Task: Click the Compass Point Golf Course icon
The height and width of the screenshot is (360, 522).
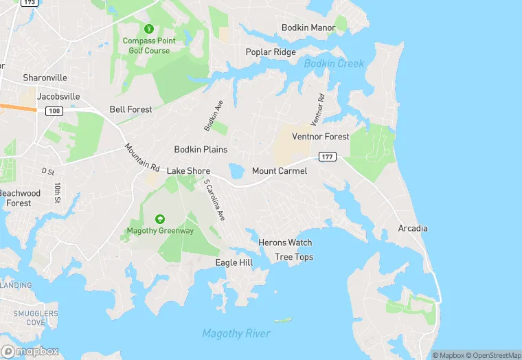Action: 148,29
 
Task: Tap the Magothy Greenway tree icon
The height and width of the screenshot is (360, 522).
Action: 159,219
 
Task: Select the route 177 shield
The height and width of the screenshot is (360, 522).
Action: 327,157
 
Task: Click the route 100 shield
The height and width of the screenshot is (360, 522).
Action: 53,111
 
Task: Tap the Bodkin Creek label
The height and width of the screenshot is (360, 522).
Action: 334,63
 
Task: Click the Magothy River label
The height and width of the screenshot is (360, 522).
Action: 236,333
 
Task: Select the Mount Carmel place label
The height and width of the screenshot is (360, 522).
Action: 280,170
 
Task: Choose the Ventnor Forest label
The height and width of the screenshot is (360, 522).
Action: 321,137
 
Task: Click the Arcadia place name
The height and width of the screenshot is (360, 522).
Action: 413,228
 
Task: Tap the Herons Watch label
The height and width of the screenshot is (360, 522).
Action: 285,243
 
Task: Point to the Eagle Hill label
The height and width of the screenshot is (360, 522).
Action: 234,262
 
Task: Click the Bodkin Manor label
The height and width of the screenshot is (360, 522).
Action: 308,27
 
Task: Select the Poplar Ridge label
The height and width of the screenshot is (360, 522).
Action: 271,52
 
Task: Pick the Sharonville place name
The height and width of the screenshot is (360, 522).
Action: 44,78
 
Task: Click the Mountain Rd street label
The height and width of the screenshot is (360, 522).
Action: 142,157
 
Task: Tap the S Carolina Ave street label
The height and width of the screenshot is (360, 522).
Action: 215,200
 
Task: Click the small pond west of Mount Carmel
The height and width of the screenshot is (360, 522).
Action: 236,170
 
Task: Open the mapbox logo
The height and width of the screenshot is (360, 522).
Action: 30,351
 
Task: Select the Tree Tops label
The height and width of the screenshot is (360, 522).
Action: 294,257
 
